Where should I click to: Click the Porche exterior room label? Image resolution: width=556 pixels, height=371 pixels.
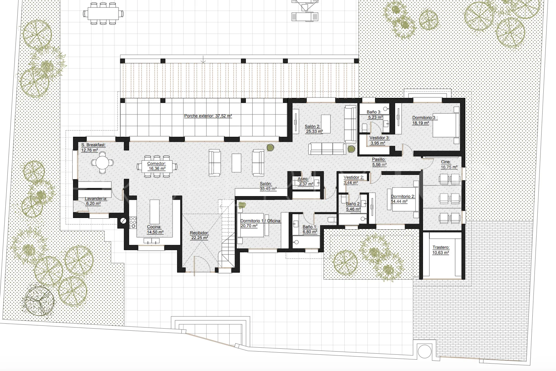(208, 116)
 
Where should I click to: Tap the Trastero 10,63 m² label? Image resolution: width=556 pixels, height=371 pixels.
(441, 250)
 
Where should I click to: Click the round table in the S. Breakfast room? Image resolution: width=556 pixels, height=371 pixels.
(102, 163)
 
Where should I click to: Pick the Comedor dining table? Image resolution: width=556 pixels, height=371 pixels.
(157, 166)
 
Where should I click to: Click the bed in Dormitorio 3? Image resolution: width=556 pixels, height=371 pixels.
(446, 125)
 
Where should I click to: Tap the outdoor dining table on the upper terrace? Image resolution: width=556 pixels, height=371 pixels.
(103, 13)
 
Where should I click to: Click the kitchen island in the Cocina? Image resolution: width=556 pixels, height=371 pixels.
(155, 212)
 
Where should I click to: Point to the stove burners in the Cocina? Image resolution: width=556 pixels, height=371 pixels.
(133, 222)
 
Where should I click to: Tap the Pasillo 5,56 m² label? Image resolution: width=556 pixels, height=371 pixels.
(379, 162)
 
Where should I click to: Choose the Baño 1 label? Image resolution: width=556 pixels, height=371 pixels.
(310, 229)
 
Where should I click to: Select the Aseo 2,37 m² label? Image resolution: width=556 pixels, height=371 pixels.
(306, 182)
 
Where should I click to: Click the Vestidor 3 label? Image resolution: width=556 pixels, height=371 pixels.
(379, 138)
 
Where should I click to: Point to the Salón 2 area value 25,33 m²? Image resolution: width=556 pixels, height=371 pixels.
(314, 131)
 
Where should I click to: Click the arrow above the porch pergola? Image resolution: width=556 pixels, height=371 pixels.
(204, 59)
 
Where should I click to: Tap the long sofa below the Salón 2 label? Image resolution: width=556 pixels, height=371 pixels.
(327, 149)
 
